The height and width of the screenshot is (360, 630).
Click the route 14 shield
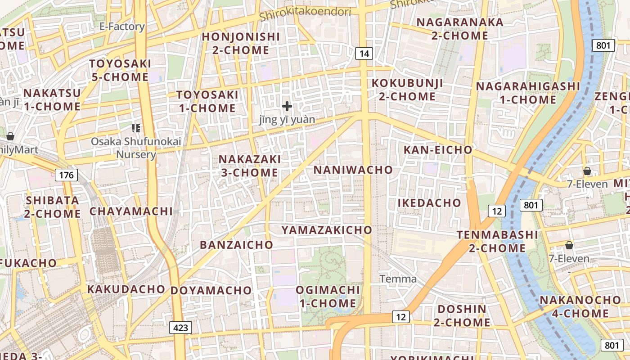pos(364,54)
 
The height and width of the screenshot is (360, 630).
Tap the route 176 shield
pos(66,175)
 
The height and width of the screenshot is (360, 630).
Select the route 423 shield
pos(180,328)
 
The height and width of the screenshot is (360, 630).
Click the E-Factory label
pos(122,27)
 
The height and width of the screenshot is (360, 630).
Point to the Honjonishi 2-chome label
pos(241,43)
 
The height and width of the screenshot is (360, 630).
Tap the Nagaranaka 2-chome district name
pos(460,29)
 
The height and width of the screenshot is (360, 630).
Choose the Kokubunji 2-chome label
pos(407,90)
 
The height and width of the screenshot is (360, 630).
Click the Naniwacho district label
pos(353,170)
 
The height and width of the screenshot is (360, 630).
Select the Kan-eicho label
pos(438,150)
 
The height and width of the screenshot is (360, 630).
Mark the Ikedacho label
pos(429,203)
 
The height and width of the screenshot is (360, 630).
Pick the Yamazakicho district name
pos(327,230)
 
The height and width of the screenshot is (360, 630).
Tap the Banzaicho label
pos(236,245)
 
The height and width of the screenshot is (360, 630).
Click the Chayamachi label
pos(131,211)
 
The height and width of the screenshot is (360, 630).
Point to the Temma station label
pos(398,279)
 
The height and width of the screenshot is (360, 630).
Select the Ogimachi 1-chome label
pos(328,297)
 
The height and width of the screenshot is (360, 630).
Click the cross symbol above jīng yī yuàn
pos(287,107)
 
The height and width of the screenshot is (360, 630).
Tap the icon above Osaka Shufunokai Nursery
pos(136,129)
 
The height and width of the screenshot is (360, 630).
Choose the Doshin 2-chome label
pos(462,315)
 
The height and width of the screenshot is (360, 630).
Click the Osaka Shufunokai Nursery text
pos(136,148)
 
